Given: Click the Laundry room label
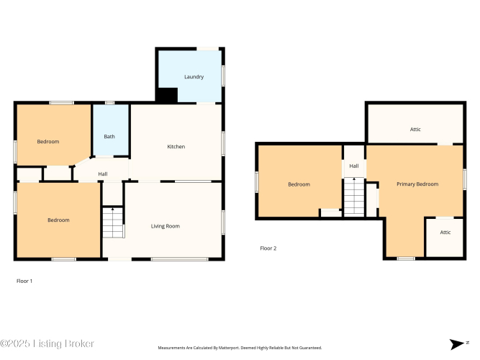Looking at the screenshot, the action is coord(194,76).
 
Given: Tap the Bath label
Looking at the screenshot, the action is coord(109,136).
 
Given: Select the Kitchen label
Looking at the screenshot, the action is coord(176,146).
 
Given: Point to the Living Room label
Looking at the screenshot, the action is coord(166,226).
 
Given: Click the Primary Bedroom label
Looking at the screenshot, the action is coord(417,184).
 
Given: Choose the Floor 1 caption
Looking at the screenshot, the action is coord(24,281).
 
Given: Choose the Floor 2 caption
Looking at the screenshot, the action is coord(268,248).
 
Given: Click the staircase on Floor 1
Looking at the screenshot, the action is coord(113,222).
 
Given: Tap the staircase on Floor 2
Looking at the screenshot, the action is coord(354,197).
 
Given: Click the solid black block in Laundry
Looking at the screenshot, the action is coord(167,95).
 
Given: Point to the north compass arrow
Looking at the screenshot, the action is coord(457,344).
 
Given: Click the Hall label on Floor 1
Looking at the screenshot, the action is coord(103,174).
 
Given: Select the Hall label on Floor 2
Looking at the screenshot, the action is coord(354,166).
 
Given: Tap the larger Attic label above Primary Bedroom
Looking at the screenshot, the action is coord(415,130).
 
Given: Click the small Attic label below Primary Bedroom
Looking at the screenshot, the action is coord(445,233).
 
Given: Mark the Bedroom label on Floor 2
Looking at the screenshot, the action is coord(299,184).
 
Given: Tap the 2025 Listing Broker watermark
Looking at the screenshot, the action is coord(47,343).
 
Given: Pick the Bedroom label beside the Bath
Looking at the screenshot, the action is coord(48,141).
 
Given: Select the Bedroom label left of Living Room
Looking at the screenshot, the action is coord(58,220).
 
